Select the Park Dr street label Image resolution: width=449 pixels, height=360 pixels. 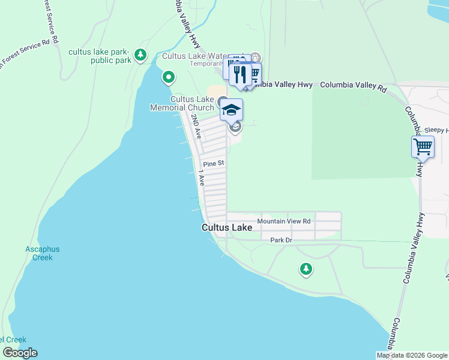coord(280,240)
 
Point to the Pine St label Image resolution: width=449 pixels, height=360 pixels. coord(213,163)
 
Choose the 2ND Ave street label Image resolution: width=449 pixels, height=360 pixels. coord(196,127)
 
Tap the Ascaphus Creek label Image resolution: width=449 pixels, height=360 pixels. coord(39,253)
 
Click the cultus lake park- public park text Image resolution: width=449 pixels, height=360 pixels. coord(100,56)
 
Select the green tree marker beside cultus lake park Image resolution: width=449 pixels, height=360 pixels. coord(140,56)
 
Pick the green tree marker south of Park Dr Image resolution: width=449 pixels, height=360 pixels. coord(306,269)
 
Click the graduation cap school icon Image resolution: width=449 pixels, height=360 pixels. coord(231,110)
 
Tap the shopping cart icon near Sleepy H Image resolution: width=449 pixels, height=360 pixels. coord(423,146)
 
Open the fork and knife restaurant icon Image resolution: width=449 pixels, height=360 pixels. coord(240,74)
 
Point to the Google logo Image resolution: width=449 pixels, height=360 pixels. coord(20,353)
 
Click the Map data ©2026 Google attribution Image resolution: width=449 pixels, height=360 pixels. coord(412,355)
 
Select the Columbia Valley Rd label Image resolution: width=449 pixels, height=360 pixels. coord(353,85)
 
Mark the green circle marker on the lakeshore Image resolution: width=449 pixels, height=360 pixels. coord(169,77)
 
